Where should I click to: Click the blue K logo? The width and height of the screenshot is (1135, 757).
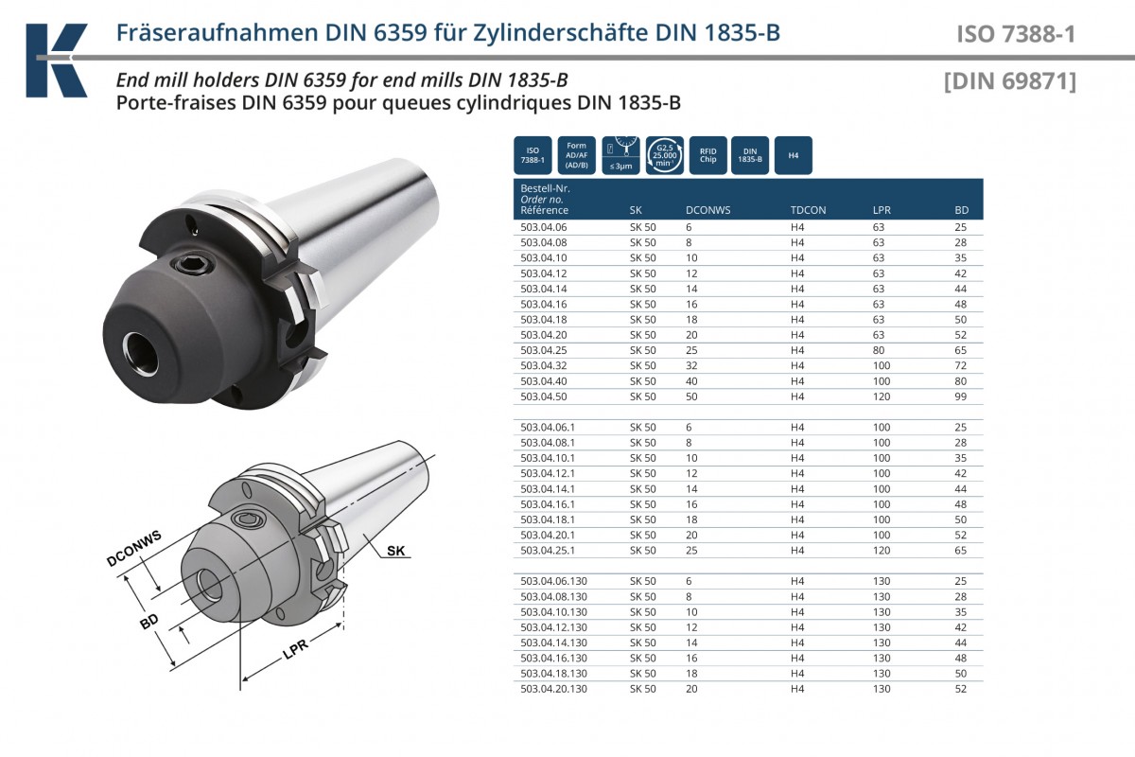pos(56,60)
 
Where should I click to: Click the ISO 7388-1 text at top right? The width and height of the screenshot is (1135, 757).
pos(1016,34)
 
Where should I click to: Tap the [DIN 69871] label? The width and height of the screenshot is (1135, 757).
pos(1010,81)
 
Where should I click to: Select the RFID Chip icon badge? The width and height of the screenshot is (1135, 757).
pos(707,156)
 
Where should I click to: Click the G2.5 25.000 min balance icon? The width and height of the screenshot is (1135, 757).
pos(664,156)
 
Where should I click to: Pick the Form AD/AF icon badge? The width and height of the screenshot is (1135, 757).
pos(577,156)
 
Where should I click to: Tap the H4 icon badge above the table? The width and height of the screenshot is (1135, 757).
pos(794,156)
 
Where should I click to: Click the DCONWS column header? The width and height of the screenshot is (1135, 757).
pos(707,210)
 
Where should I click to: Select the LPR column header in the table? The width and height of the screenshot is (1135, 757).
pos(882,210)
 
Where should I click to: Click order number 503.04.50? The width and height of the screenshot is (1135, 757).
pos(544,396)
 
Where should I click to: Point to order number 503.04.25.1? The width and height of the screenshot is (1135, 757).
pos(548,550)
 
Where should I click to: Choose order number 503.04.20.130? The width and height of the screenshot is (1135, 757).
pos(554,689)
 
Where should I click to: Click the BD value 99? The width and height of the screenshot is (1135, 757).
pos(961,396)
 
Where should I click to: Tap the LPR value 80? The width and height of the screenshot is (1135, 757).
pos(879,350)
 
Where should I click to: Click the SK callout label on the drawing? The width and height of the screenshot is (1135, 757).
pos(395,551)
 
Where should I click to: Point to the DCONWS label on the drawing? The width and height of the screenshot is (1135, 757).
pos(133,548)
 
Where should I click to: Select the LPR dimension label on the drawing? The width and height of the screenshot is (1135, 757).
pos(295,648)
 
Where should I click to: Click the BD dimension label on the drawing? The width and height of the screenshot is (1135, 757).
pos(149,621)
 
